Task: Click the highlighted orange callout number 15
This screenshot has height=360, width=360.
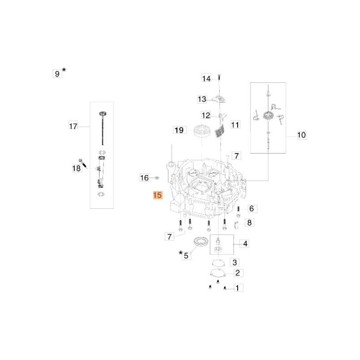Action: click(x=158, y=195)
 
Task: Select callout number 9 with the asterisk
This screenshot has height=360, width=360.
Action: click(x=59, y=72)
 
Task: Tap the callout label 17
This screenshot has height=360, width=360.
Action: click(x=73, y=126)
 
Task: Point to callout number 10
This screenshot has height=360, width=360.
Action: click(x=301, y=135)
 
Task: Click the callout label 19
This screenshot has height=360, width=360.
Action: click(x=179, y=130)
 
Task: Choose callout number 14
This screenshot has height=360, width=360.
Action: click(x=206, y=78)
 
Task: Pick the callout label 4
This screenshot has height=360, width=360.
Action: click(x=245, y=243)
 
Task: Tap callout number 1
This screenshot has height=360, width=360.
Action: click(x=238, y=288)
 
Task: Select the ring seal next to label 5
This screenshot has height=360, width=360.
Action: click(x=201, y=242)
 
